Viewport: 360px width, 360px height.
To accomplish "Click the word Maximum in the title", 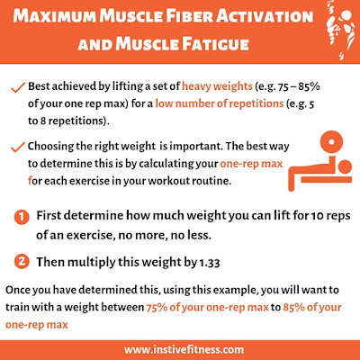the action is (x=55, y=16).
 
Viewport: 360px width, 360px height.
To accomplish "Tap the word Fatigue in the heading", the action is (x=215, y=44).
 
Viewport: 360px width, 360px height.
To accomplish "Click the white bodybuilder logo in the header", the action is (x=341, y=30).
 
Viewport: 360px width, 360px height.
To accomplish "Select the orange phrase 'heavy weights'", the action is (x=217, y=86).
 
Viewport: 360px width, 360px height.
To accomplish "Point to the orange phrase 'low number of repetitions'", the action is (x=220, y=103).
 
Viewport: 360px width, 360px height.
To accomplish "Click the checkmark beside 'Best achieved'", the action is (x=17, y=88).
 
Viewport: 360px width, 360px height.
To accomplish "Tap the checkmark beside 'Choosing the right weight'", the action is (x=17, y=148).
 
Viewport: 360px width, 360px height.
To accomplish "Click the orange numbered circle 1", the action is (x=22, y=217).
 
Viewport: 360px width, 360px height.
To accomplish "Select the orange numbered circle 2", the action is (x=22, y=262).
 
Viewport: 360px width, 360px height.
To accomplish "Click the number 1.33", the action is (x=210, y=263).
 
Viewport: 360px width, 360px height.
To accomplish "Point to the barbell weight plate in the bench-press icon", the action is (x=331, y=141).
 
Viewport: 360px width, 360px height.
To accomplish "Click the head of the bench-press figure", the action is (x=345, y=166).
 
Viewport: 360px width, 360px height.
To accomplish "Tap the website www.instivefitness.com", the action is (x=184, y=350).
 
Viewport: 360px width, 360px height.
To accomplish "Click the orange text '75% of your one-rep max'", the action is (x=207, y=308).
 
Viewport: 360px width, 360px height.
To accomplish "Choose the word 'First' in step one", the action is (x=49, y=215).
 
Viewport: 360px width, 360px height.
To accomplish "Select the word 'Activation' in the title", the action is (x=265, y=16).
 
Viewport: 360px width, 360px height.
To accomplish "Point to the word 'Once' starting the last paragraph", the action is (x=17, y=290).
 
